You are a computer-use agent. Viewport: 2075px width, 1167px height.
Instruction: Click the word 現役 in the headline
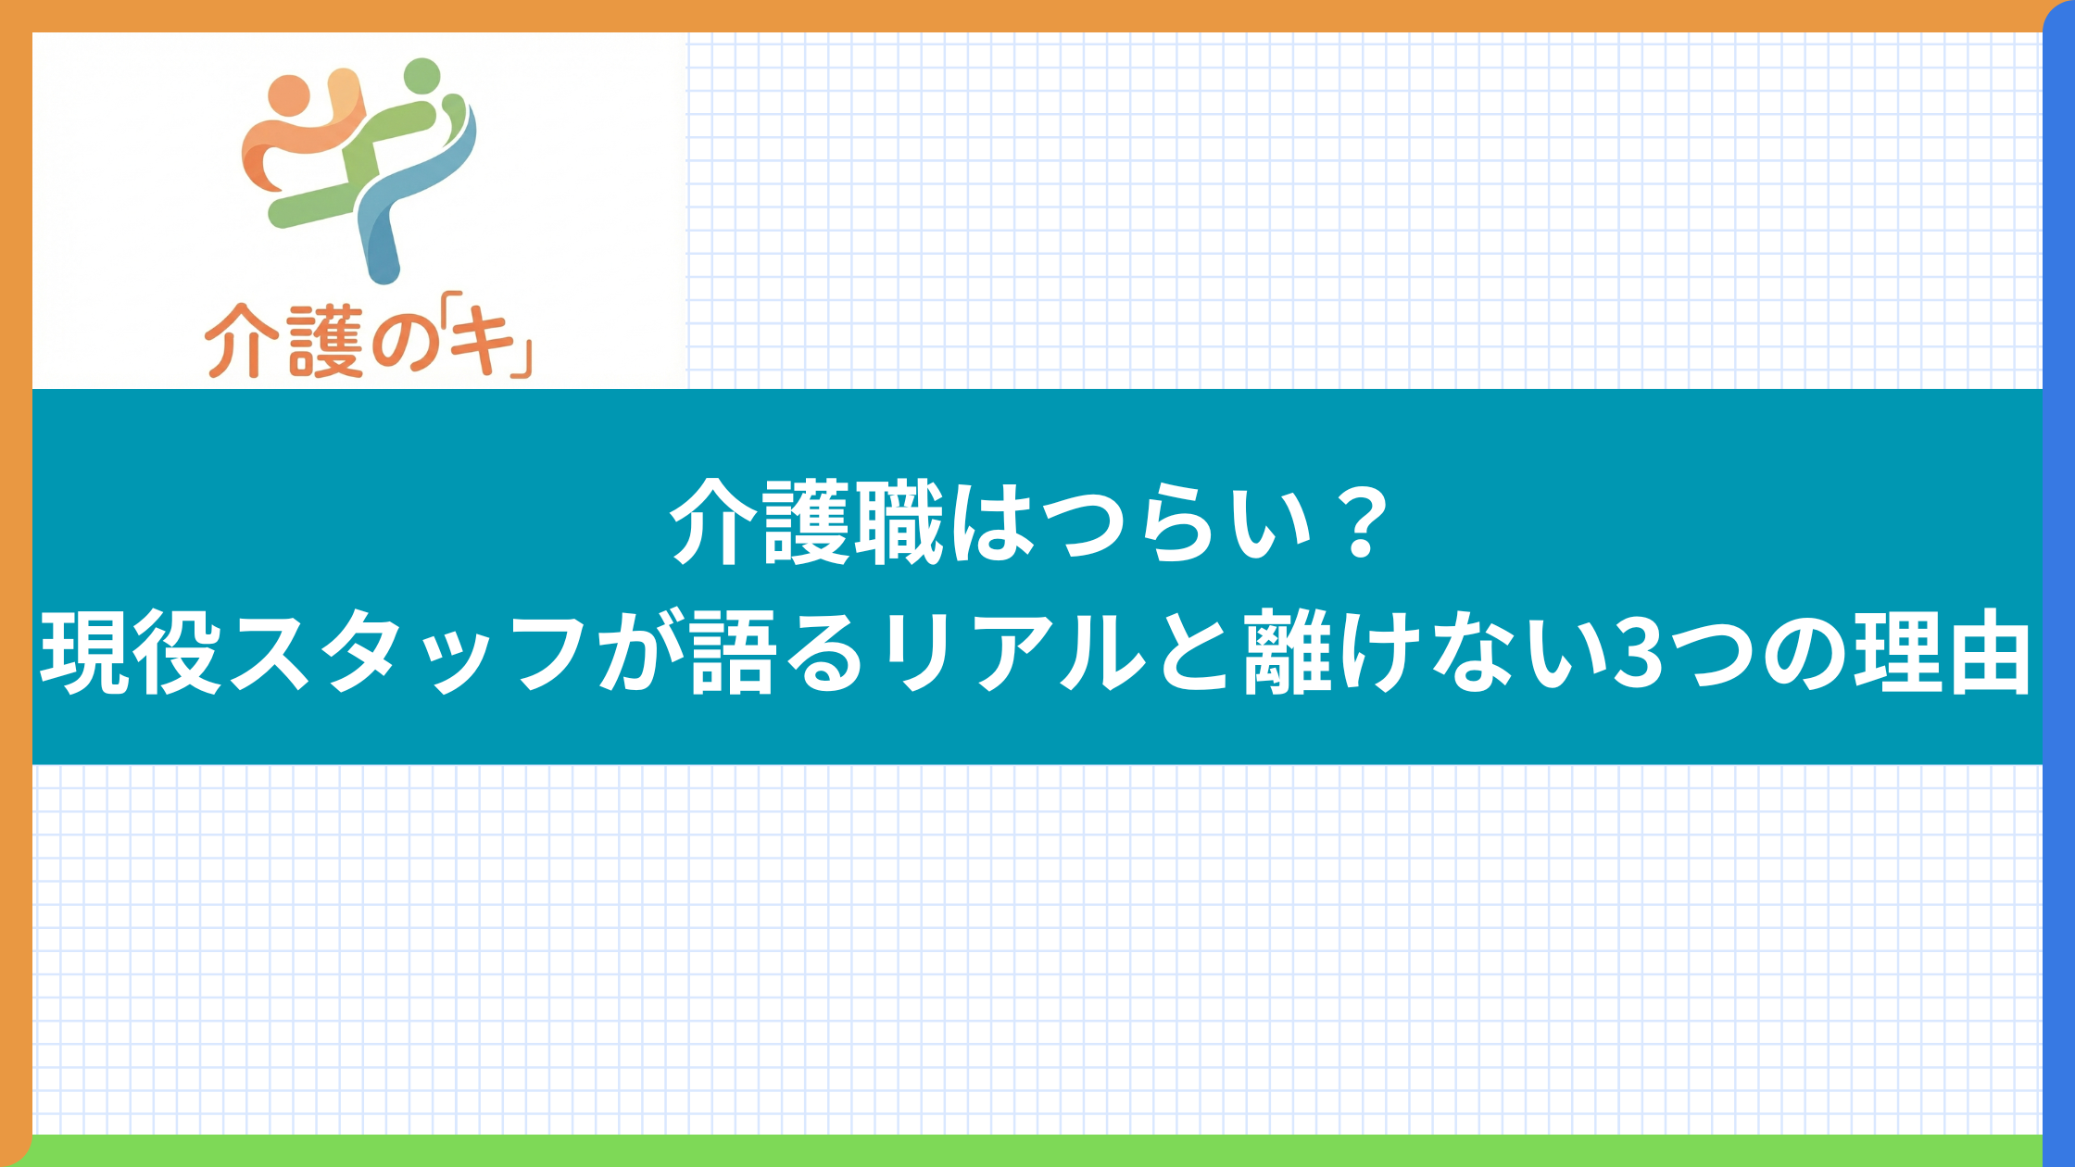[x=131, y=652]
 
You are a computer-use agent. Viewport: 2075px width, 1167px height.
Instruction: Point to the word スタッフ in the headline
[x=408, y=654]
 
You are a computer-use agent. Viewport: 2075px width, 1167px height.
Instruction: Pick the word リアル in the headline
[x=1013, y=654]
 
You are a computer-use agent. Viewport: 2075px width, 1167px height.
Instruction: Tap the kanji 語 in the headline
[x=732, y=652]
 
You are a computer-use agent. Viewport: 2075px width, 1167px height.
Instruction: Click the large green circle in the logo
[x=422, y=76]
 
